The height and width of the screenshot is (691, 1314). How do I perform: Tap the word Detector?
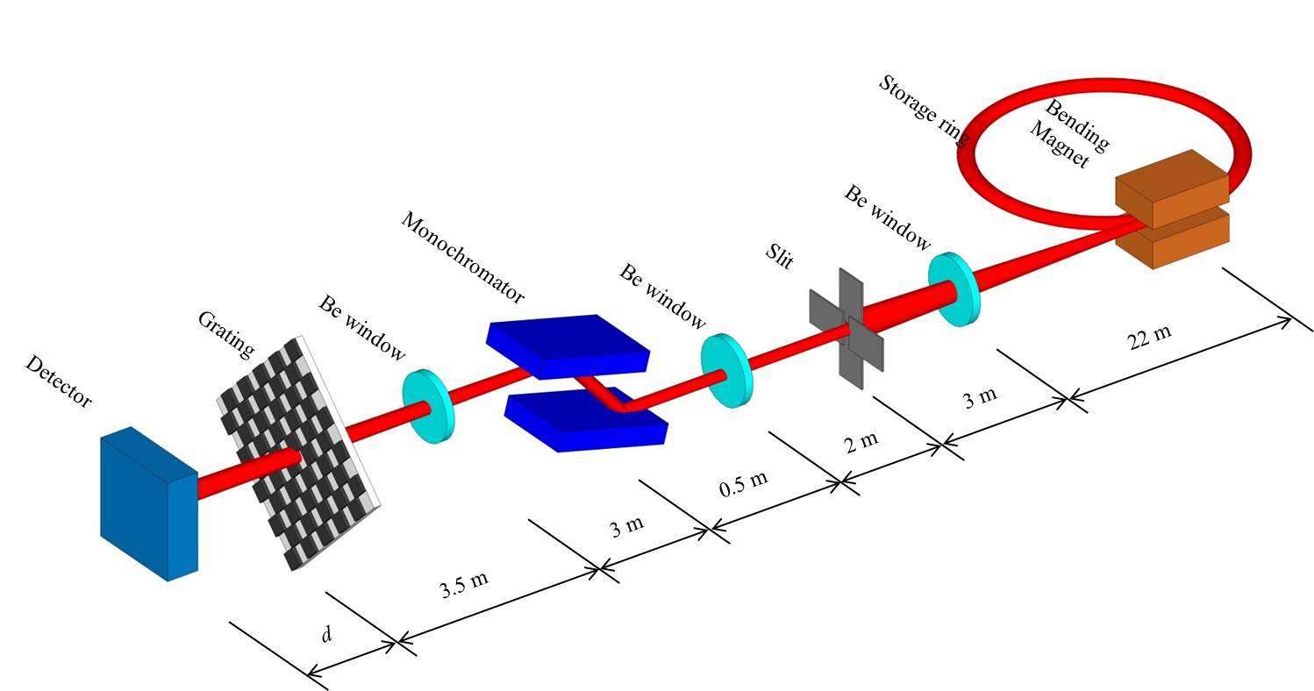59,381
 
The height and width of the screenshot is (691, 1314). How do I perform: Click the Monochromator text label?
462,259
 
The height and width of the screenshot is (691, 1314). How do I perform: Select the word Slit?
779,259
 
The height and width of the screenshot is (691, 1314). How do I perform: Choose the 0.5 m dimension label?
743,482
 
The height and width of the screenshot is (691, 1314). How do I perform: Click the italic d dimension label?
326,633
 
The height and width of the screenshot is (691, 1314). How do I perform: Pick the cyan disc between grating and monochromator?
429,405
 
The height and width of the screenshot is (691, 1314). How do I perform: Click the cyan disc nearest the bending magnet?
953,289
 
